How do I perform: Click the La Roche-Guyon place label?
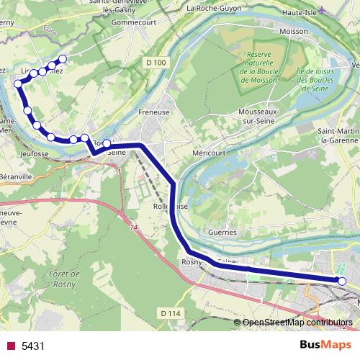(x=214, y=9)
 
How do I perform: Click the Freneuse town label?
(x=153, y=112)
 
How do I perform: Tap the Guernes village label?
(x=221, y=233)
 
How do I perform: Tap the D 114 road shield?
(x=170, y=312)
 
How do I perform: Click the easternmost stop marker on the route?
(x=342, y=281)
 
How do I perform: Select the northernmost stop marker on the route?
(x=63, y=58)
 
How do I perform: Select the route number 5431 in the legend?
(x=33, y=346)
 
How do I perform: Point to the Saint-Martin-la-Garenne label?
(x=338, y=135)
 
